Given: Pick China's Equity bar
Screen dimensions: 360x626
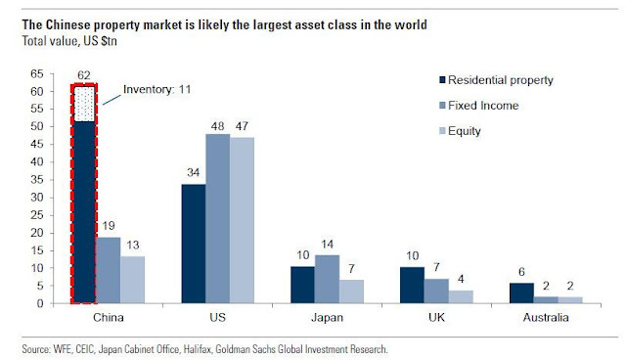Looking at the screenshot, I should coord(133,280).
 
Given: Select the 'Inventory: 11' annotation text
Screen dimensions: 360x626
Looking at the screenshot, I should coord(156,93).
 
